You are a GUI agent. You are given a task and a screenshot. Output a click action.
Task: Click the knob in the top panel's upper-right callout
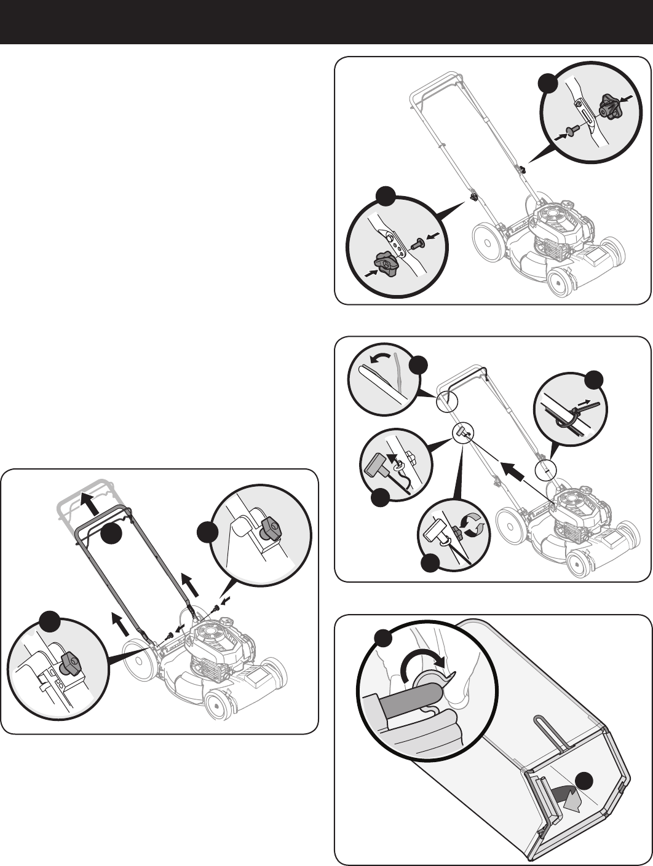pos(610,109)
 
